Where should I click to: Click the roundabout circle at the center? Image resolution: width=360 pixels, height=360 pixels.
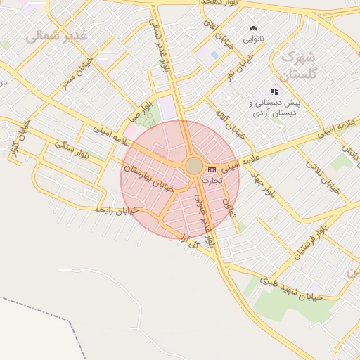click(194, 166)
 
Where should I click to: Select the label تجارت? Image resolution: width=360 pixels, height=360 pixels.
click(212, 181)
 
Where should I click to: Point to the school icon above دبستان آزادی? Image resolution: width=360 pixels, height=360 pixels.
click(274, 92)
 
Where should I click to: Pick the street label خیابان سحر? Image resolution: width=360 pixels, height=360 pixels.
click(77, 77)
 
